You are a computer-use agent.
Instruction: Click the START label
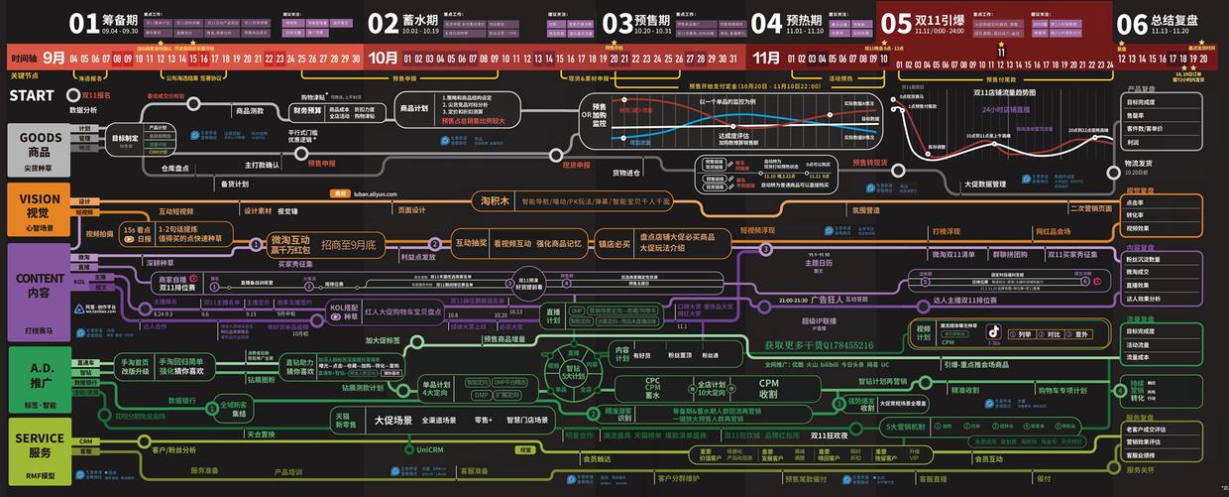coord(32,96)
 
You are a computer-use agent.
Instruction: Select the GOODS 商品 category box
coord(39,148)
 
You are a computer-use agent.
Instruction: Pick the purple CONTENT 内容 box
coord(39,286)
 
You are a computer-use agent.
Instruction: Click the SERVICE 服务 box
coord(39,444)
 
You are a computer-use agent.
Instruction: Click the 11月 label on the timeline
coord(766,58)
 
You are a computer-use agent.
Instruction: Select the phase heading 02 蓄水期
coord(404,22)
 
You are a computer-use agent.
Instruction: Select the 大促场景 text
coord(392,421)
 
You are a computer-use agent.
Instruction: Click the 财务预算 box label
coord(306,111)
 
